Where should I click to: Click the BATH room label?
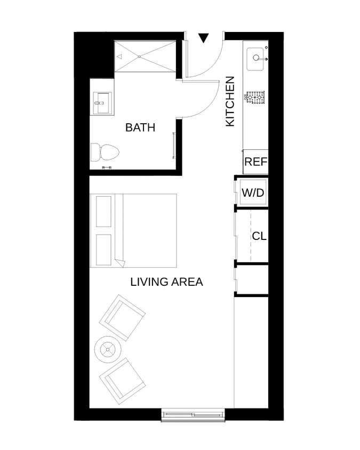(x=140, y=127)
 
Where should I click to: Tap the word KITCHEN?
(x=230, y=101)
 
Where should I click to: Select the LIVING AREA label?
(x=166, y=282)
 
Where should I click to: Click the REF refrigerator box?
(x=255, y=162)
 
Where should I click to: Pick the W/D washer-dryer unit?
(x=253, y=192)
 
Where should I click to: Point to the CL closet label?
(x=259, y=236)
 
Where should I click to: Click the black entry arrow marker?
(x=204, y=38)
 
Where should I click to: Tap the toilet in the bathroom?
(x=105, y=152)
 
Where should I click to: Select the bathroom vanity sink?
(x=102, y=103)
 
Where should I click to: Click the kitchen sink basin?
(x=255, y=59)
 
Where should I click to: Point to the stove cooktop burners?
(x=254, y=98)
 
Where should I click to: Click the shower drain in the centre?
(x=140, y=57)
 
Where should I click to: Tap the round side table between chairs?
(x=108, y=350)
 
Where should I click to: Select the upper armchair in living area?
(x=122, y=318)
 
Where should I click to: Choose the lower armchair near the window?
(x=122, y=381)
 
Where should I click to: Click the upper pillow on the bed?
(x=103, y=212)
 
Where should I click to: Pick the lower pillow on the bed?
(x=103, y=250)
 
